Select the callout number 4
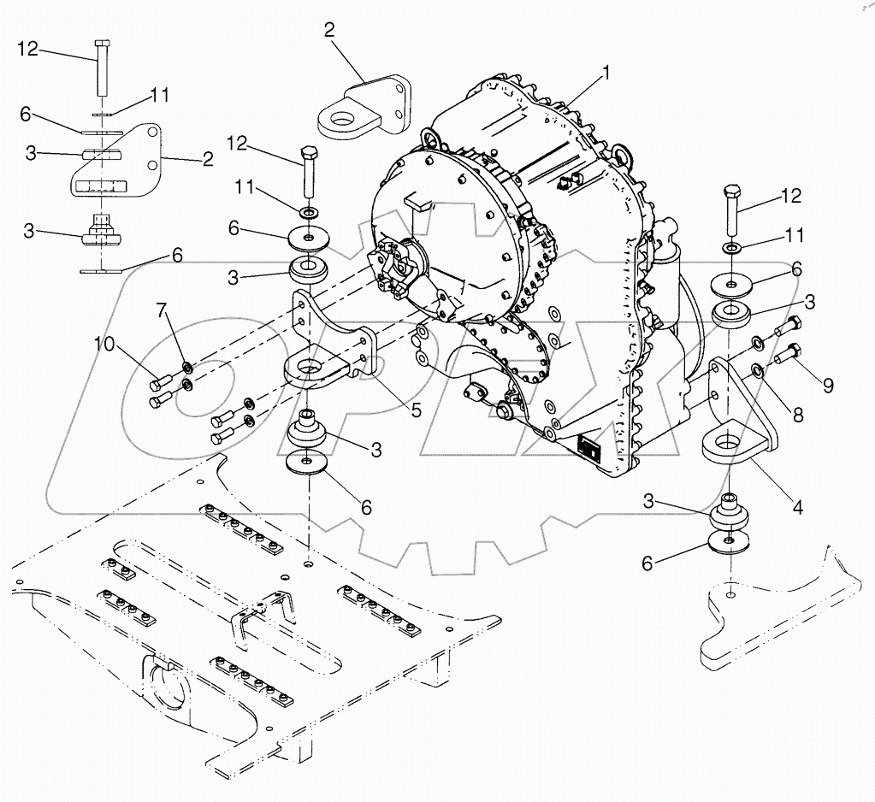tap(796, 507)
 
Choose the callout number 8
tap(797, 416)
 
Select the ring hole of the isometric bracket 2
tap(339, 115)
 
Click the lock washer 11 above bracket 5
tap(306, 210)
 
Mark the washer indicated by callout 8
tap(758, 370)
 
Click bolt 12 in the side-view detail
tap(100, 68)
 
